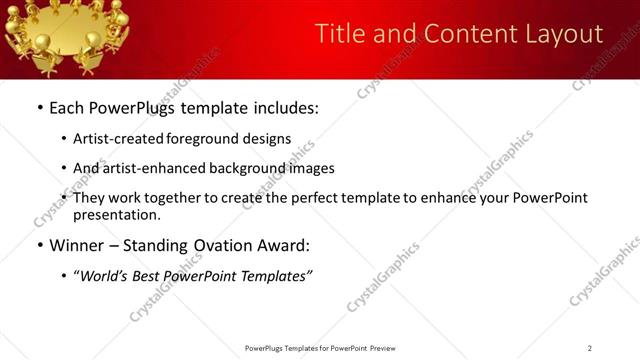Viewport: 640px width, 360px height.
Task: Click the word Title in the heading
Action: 337,34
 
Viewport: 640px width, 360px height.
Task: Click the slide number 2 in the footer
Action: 590,348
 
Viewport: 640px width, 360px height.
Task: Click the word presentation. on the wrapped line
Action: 117,214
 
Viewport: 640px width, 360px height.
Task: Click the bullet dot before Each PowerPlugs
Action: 39,108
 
